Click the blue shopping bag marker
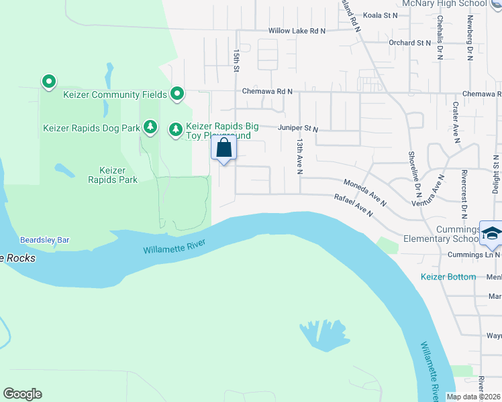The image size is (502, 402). coord(224,148)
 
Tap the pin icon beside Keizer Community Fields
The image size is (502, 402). coord(177,94)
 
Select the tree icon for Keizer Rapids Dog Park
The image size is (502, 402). coord(151,127)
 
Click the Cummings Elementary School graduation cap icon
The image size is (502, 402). coord(491,232)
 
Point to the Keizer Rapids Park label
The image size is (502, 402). coord(113,175)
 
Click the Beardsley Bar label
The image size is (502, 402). coord(45,239)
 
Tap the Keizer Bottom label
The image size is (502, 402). coord(448,277)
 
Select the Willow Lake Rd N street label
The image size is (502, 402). coord(297,31)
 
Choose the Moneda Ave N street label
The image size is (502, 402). coord(365,192)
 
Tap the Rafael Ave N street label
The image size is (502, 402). coord(353,204)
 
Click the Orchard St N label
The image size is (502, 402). coord(409,42)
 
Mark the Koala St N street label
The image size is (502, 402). coord(381,15)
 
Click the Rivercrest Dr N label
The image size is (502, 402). coord(464,193)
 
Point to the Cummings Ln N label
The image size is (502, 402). coord(474,254)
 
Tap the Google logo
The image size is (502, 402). coord(22,394)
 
